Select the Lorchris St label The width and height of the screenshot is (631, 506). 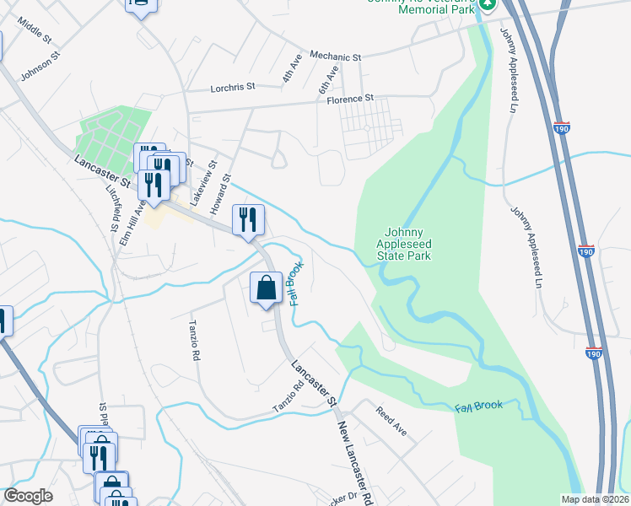[232, 87]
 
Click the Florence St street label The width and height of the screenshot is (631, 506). [350, 99]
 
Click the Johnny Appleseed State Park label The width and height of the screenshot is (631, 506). [408, 244]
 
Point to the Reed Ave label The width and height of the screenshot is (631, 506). [391, 421]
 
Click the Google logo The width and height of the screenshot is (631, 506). [29, 496]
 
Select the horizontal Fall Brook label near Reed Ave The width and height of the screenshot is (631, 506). [478, 406]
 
